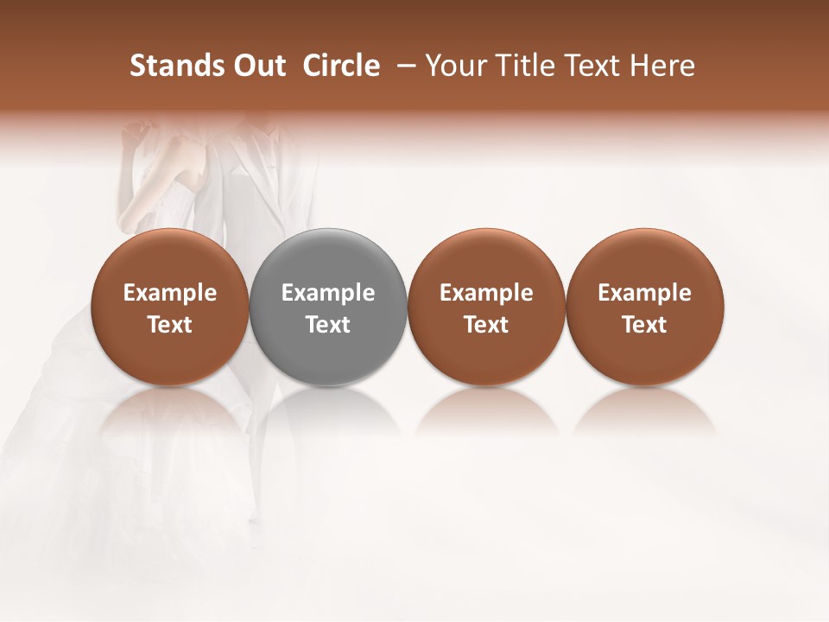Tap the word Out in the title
click(257, 66)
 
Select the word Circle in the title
click(341, 66)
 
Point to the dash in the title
click(402, 66)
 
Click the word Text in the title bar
click(592, 66)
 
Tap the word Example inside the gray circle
click(328, 293)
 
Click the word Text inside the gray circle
click(328, 325)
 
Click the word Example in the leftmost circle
click(170, 293)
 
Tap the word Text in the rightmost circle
click(645, 325)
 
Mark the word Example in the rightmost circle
click(645, 293)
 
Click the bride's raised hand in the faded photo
click(134, 134)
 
